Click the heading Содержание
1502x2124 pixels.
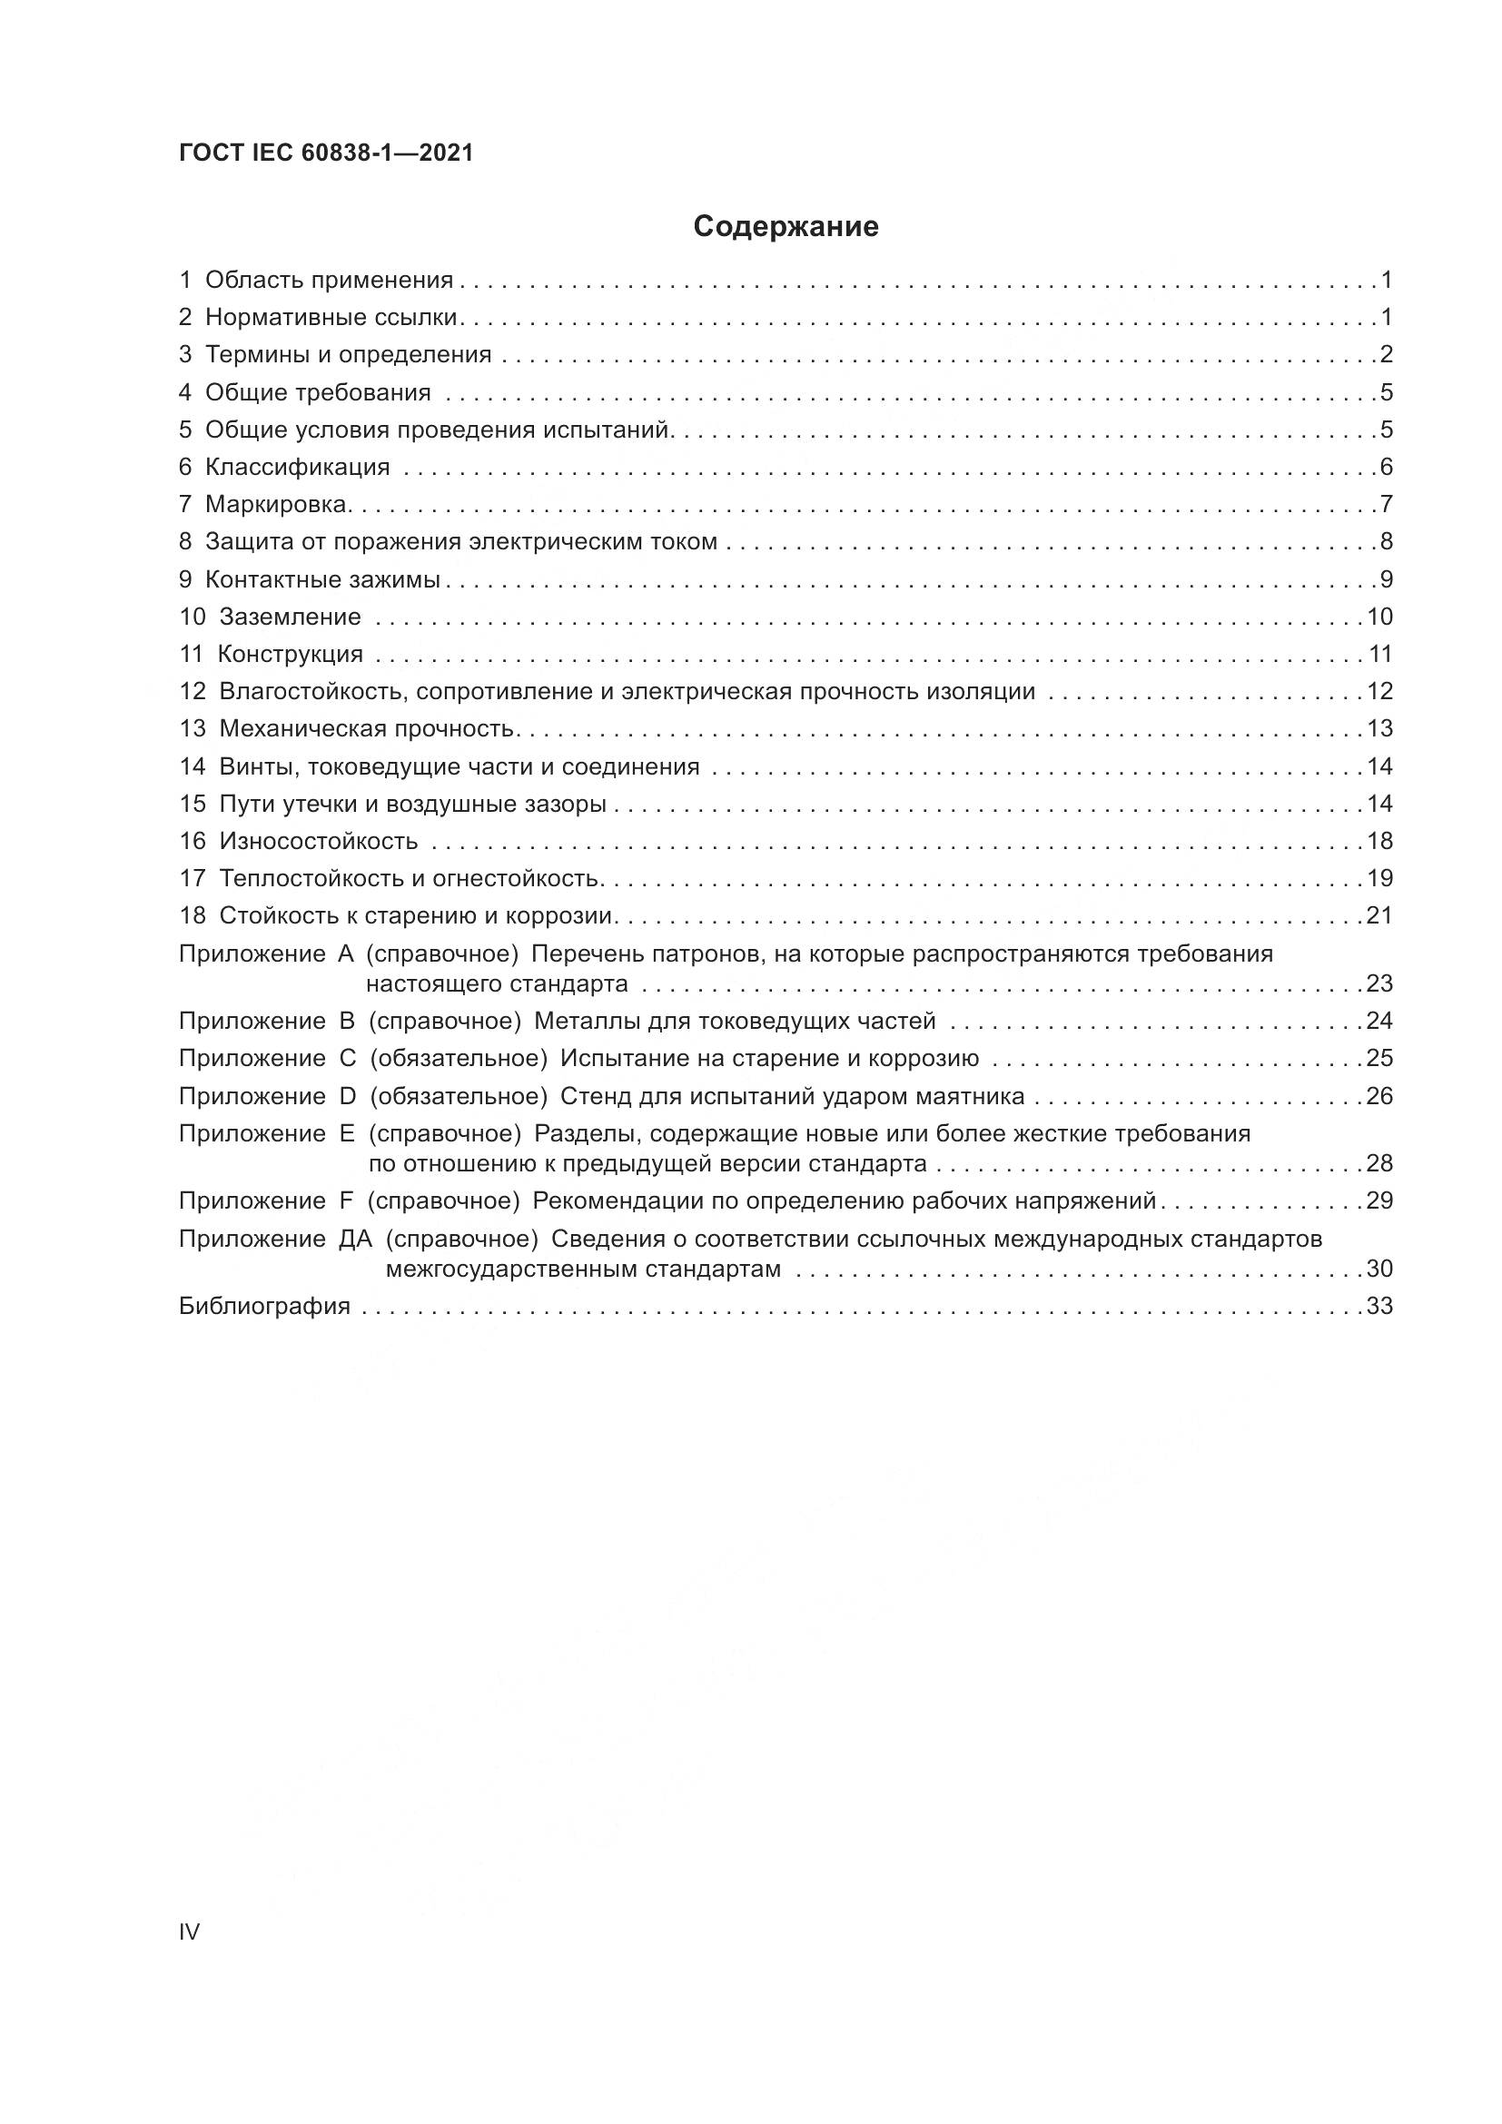pyautogui.click(x=786, y=227)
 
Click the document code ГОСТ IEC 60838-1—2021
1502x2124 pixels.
pyautogui.click(x=326, y=153)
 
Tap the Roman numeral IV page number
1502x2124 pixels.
pyautogui.click(x=189, y=1931)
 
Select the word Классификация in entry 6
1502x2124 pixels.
pyautogui.click(x=297, y=467)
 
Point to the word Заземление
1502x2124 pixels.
pyautogui.click(x=290, y=617)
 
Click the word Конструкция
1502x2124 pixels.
pyautogui.click(x=291, y=654)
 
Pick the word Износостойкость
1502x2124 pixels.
pyautogui.click(x=318, y=841)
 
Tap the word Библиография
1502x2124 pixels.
pyautogui.click(x=264, y=1306)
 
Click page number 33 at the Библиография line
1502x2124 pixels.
pyautogui.click(x=1379, y=1306)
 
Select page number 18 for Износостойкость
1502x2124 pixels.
pyautogui.click(x=1379, y=841)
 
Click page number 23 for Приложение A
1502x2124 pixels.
pyautogui.click(x=1379, y=983)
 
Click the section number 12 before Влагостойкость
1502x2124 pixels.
pyautogui.click(x=193, y=691)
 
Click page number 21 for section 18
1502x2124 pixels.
pyautogui.click(x=1379, y=916)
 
